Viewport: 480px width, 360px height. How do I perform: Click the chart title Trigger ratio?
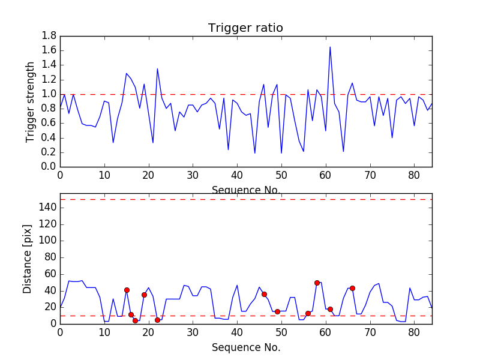pyautogui.click(x=245, y=28)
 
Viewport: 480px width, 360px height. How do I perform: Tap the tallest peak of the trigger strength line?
pyautogui.click(x=330, y=47)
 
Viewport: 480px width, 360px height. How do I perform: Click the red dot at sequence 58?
pyautogui.click(x=317, y=283)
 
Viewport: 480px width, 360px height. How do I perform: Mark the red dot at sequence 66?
pyautogui.click(x=352, y=288)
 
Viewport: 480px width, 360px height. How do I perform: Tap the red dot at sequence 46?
pyautogui.click(x=264, y=294)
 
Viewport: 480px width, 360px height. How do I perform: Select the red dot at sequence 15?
pyautogui.click(x=127, y=290)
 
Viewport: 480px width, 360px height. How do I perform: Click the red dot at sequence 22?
pyautogui.click(x=157, y=320)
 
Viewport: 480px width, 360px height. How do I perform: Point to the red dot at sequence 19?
pyautogui.click(x=144, y=295)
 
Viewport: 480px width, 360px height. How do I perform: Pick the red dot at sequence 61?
pyautogui.click(x=330, y=309)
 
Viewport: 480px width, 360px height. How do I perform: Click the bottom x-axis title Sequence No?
pyautogui.click(x=245, y=347)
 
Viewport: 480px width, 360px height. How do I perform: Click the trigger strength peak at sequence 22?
pyautogui.click(x=157, y=68)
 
